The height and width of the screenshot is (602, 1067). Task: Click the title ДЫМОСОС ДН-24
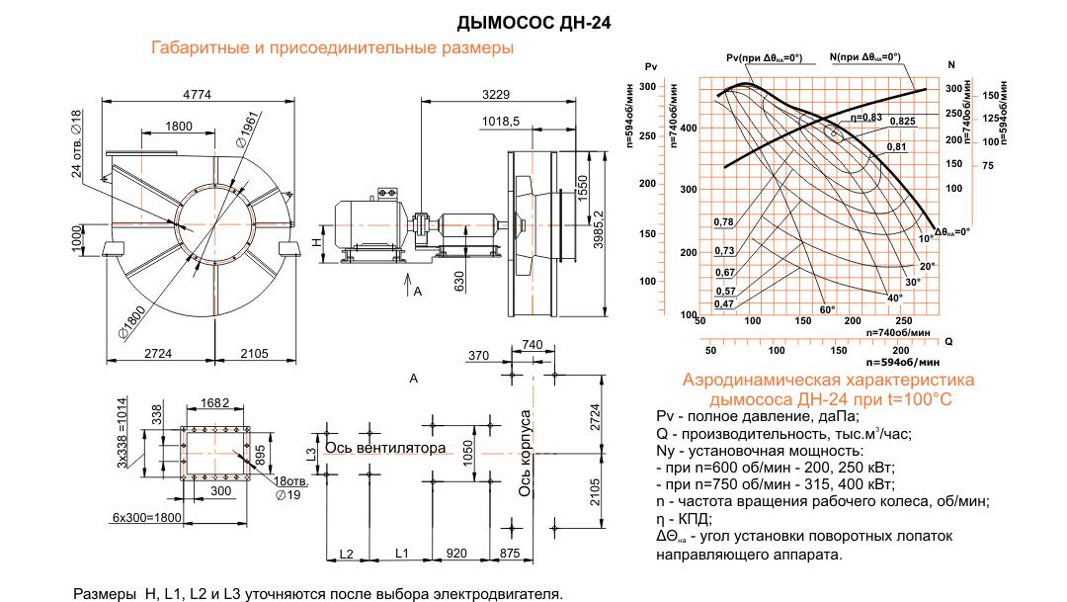tap(533, 21)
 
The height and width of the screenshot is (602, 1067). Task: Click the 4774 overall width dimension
tap(201, 94)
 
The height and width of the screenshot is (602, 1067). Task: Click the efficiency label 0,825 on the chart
tap(902, 121)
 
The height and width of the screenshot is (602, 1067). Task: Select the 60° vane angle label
tap(828, 309)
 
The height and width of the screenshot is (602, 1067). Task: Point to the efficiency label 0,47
tap(724, 303)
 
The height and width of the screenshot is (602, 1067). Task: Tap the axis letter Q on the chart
tap(948, 342)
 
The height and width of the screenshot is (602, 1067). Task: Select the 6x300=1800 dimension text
tap(145, 517)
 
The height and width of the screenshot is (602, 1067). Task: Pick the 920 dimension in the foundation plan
tap(456, 553)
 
